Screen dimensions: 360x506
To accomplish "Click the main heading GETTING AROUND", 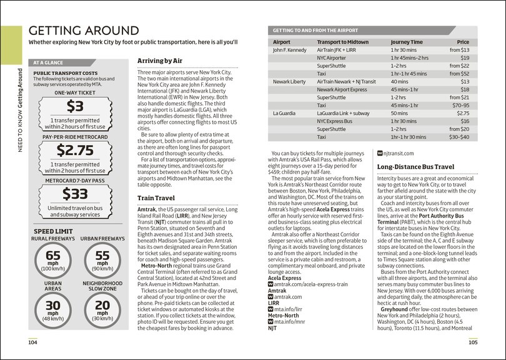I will point(83,31).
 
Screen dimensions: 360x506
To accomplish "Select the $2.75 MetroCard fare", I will point(74,150).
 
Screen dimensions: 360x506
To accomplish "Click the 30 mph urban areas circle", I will point(53,311).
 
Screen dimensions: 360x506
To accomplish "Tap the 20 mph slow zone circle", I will point(102,311).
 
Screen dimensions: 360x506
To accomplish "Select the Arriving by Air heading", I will point(160,61).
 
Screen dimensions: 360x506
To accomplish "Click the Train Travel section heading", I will point(156,197).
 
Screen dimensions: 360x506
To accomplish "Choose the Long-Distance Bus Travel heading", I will point(415,167).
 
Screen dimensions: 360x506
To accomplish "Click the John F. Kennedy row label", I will point(290,49).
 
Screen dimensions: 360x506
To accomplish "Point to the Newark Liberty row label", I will point(289,82).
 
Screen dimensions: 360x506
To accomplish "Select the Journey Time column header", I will point(407,41).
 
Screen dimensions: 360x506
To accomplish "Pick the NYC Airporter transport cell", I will point(332,57).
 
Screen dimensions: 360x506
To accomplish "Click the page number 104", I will point(32,342).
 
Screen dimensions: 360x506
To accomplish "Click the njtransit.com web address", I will point(400,152).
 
